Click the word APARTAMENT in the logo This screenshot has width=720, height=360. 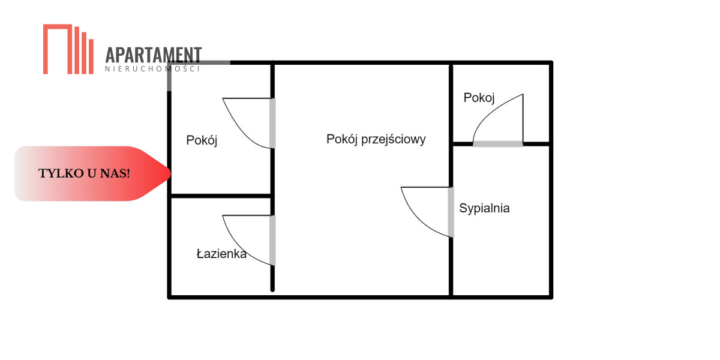[x=154, y=55]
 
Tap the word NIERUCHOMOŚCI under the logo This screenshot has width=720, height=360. [x=152, y=68]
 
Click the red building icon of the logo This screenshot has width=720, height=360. [x=68, y=49]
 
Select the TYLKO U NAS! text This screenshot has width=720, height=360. [x=84, y=173]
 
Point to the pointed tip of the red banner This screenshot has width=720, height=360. [x=170, y=173]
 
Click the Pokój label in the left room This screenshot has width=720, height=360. [x=202, y=140]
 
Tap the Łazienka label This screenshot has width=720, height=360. [x=221, y=254]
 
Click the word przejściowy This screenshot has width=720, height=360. [x=394, y=139]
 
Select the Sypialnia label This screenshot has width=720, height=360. [x=484, y=208]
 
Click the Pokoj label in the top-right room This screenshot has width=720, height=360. [x=479, y=98]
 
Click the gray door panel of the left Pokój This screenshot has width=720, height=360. [x=272, y=123]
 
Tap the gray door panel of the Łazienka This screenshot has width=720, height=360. [x=272, y=241]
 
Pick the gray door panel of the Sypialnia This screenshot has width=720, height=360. [x=451, y=212]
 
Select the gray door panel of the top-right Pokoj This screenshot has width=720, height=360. [x=498, y=143]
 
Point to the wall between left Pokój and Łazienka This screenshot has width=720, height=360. [x=221, y=196]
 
